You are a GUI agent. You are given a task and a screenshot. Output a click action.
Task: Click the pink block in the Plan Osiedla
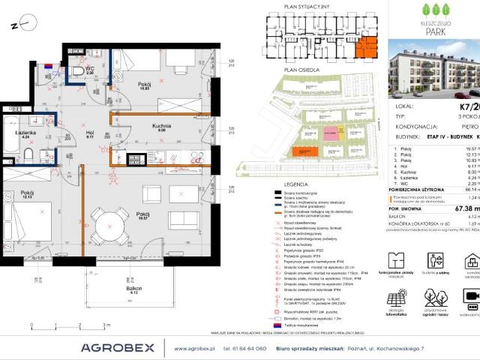[331, 133]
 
